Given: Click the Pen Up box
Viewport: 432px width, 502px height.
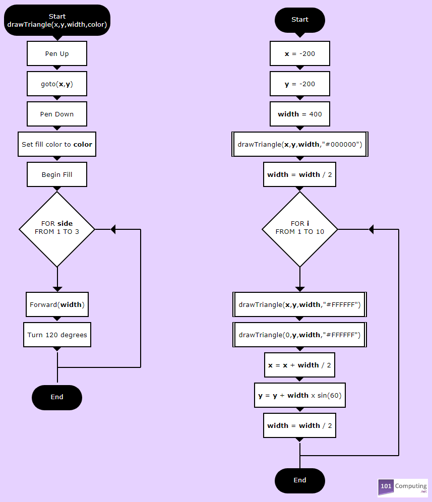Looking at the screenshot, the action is [x=57, y=53].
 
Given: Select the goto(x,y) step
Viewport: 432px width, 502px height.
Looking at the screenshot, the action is [x=57, y=84].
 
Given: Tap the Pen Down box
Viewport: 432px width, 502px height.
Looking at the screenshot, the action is [x=57, y=114].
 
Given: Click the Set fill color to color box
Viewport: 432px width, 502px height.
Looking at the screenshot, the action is [x=57, y=144].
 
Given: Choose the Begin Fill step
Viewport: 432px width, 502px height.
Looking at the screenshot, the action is [x=57, y=174].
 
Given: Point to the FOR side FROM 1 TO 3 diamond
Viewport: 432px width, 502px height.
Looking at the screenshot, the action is [x=57, y=229].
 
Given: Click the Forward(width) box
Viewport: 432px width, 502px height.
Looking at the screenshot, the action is [x=57, y=304].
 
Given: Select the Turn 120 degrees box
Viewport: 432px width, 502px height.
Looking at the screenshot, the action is [x=57, y=335].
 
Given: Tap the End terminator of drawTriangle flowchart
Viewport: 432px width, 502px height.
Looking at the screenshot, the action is [x=57, y=397].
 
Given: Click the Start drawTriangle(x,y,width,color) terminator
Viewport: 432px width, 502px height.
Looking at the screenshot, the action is [x=57, y=20].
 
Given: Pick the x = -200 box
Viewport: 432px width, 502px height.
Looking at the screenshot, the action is [x=300, y=53].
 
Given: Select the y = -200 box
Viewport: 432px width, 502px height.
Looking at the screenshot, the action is [x=300, y=84].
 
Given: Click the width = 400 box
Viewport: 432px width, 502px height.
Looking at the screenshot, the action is [x=300, y=114].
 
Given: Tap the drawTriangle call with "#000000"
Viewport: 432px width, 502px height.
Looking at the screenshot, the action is [x=300, y=144].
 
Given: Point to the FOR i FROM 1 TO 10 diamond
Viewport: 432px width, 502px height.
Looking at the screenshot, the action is [x=300, y=229].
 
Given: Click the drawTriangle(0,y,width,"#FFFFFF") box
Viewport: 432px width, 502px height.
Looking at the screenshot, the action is [x=300, y=335].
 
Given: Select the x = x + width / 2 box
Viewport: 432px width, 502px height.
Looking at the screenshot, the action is [x=300, y=365].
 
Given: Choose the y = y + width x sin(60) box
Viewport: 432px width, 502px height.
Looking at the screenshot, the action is [x=300, y=395].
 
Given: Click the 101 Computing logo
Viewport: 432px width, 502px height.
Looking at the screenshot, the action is [x=403, y=487].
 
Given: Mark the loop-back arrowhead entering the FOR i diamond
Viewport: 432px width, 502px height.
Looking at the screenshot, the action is [x=371, y=229].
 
